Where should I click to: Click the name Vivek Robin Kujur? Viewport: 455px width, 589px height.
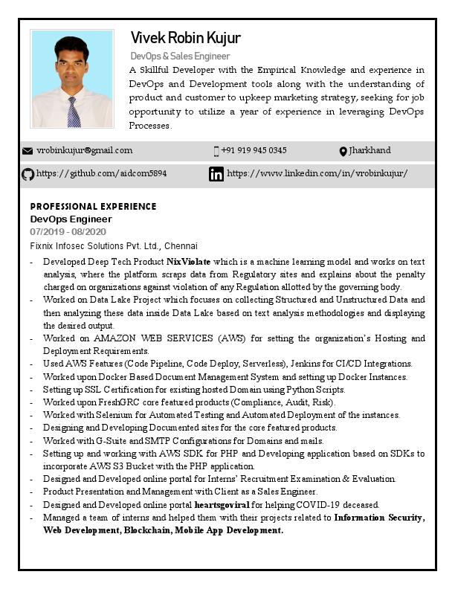pos(185,38)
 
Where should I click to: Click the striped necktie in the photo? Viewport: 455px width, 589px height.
pos(73,112)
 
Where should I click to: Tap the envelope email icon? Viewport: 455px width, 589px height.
pos(28,151)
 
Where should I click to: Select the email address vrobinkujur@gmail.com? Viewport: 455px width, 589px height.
pos(84,150)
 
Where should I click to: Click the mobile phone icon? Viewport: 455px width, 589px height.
pos(216,151)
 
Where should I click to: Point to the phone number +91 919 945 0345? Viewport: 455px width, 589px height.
pos(254,150)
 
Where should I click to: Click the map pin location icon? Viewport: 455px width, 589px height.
pos(343,152)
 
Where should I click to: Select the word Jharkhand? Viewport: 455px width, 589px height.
pos(370,150)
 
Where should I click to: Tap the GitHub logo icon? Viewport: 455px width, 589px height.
pos(28,174)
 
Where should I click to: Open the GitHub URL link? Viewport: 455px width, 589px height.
pos(101,173)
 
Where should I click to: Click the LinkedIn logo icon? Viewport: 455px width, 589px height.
pos(216,174)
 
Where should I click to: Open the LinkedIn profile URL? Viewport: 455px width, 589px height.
pos(317,173)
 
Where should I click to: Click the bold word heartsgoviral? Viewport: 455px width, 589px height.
pos(222,504)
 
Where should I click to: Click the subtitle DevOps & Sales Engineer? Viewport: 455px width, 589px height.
pos(180,56)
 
